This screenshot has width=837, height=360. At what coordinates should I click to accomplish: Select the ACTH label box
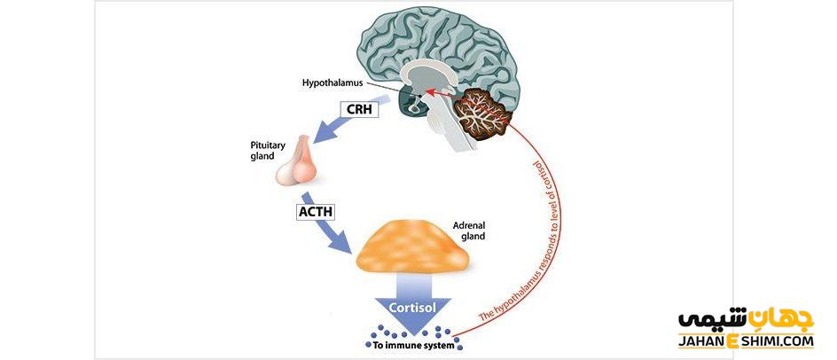tap(316, 212)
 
